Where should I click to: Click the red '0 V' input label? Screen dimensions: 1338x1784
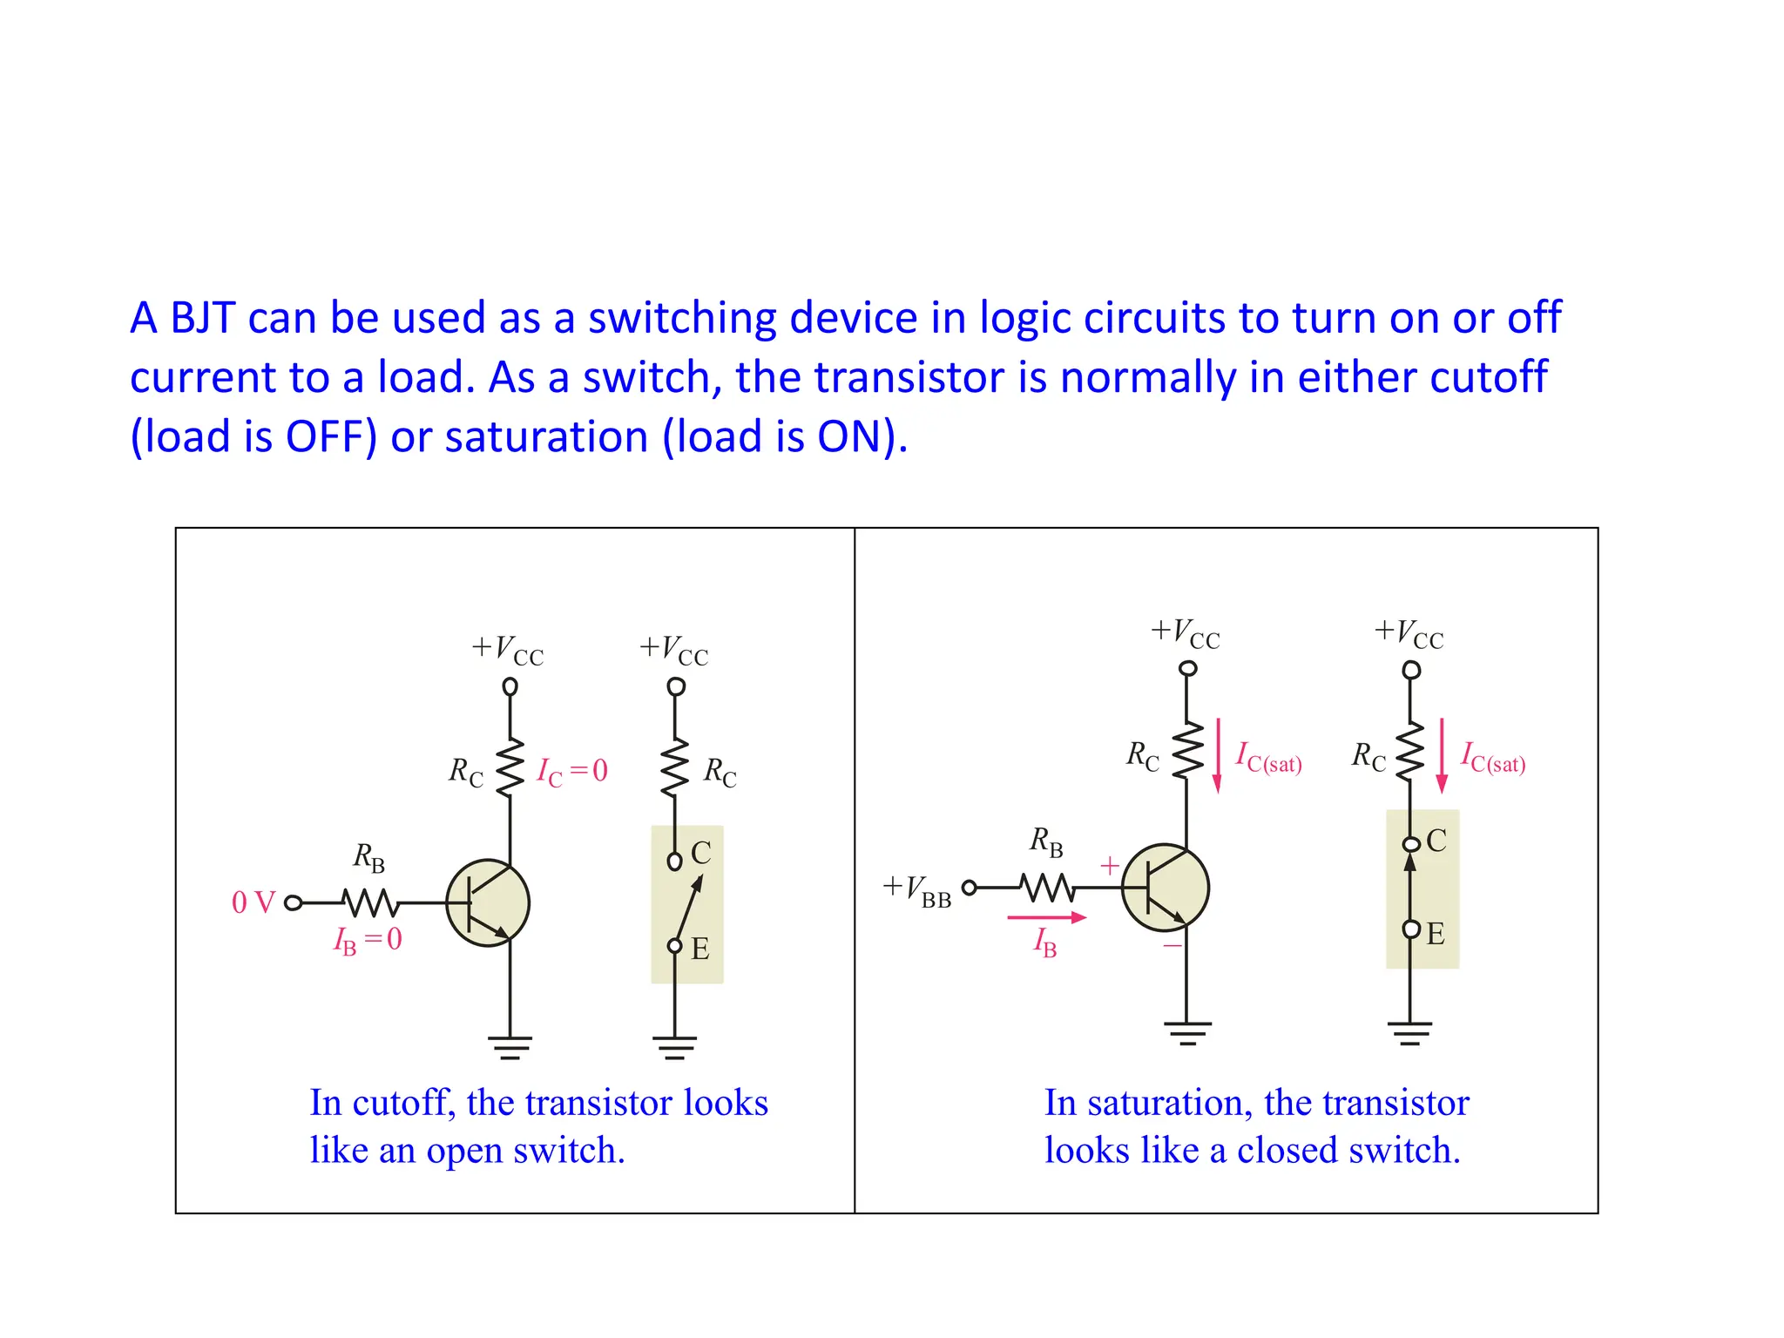253,902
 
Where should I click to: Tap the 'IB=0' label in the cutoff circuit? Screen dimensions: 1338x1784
368,940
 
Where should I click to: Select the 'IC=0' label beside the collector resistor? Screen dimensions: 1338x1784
572,771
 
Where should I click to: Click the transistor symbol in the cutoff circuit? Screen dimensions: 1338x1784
488,903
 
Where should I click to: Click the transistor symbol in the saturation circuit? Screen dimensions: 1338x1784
1165,888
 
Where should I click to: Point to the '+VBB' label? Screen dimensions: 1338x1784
917,890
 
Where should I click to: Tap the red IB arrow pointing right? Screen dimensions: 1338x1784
1046,917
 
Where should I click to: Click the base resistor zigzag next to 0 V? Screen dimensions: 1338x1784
371,902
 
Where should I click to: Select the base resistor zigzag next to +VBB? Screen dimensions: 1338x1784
1047,888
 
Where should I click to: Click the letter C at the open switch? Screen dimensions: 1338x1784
701,853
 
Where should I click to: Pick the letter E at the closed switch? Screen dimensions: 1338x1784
1436,934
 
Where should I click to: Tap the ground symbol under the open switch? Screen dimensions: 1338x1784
675,1046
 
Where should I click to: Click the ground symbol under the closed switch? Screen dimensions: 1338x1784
1410,1033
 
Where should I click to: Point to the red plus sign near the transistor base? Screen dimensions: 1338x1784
1109,866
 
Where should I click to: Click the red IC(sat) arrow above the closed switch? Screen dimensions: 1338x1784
1442,754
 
